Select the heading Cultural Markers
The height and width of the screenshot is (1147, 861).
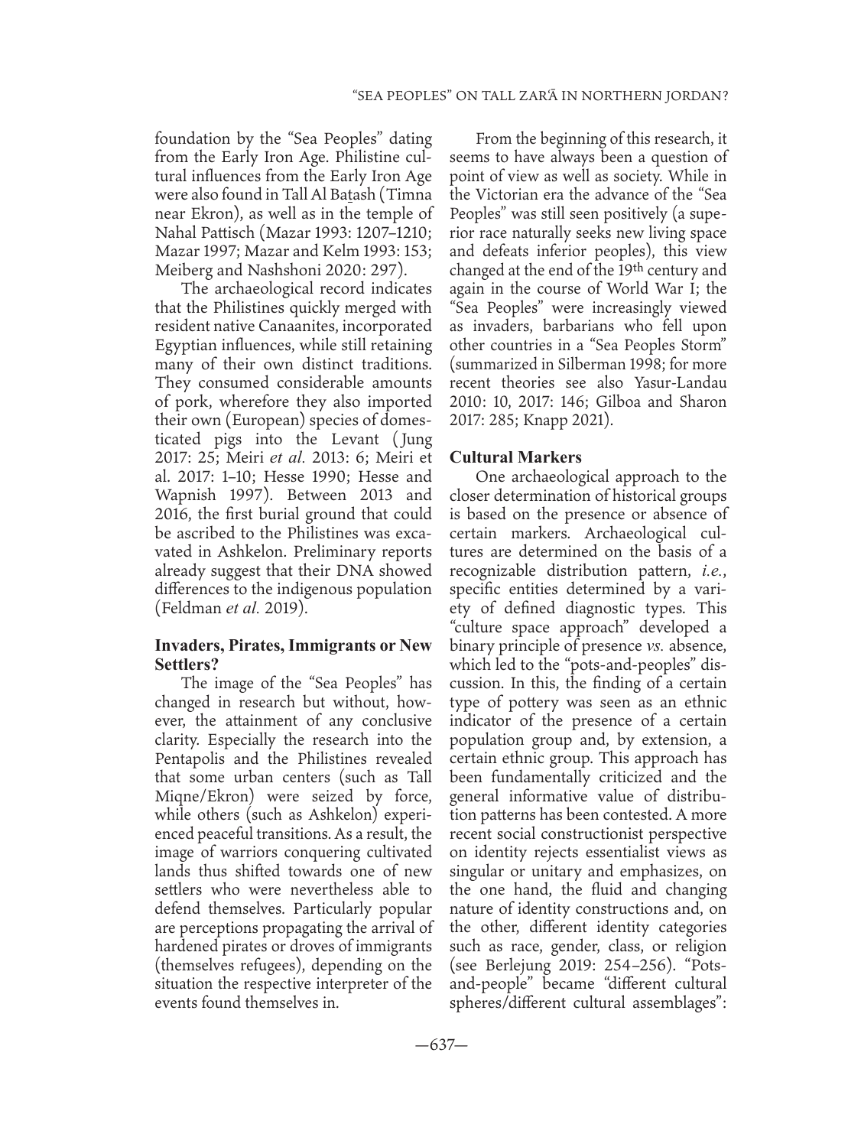click(x=516, y=457)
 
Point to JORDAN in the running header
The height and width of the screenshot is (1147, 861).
click(x=690, y=96)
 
